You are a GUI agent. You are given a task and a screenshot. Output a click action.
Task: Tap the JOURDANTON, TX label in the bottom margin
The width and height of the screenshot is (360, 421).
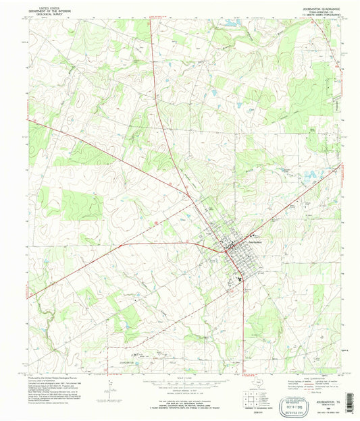coord(311,385)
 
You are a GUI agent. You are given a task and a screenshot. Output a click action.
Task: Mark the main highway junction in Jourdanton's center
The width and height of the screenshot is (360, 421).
coord(230,247)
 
